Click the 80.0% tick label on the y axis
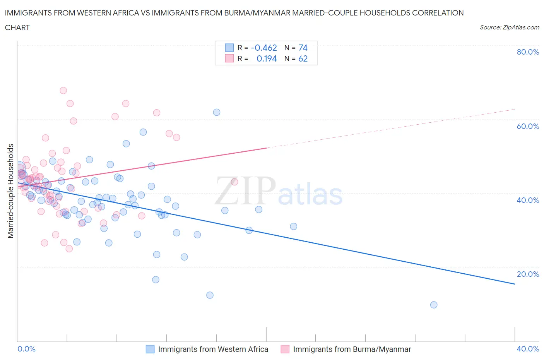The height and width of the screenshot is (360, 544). [x=528, y=52]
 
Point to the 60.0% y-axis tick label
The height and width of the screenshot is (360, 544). [x=528, y=126]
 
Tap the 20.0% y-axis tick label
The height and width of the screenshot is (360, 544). [x=528, y=274]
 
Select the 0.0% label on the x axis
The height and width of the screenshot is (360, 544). [x=26, y=349]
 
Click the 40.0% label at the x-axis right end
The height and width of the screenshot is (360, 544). [x=528, y=349]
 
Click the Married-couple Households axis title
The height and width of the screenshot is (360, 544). [x=11, y=191]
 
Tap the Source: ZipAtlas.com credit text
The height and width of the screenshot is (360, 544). [x=509, y=27]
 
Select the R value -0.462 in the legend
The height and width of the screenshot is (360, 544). [x=264, y=48]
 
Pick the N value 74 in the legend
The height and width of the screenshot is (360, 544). [x=303, y=48]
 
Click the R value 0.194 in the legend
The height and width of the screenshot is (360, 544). [x=267, y=58]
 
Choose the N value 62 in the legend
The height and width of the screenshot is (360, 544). [x=303, y=58]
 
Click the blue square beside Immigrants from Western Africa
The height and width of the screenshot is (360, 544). [x=150, y=349]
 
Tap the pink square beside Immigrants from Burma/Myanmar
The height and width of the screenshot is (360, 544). [x=285, y=349]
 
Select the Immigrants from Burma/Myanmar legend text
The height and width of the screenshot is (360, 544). [x=352, y=349]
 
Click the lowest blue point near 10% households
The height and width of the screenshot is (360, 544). [x=434, y=305]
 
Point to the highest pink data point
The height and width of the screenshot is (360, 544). [x=63, y=91]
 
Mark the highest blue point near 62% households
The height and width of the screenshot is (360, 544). [x=217, y=112]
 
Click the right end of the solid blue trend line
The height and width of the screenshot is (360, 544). [x=515, y=284]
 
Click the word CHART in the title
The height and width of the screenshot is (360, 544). [x=17, y=27]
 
